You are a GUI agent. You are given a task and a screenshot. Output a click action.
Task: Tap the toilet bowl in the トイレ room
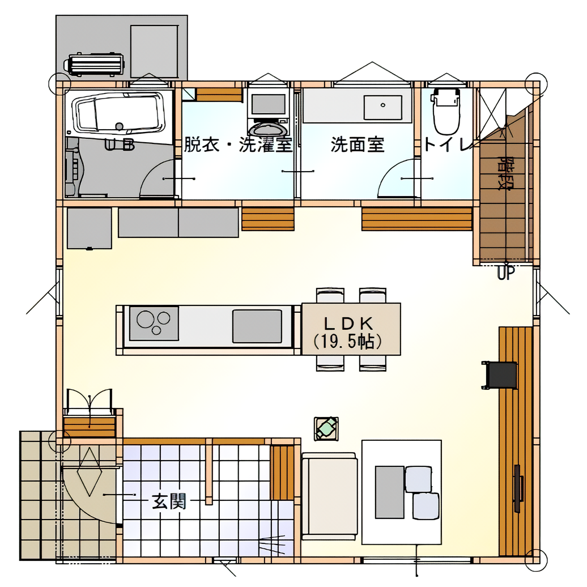coord(445,112)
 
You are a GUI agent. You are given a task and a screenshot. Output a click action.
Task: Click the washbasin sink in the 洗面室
coord(382,108)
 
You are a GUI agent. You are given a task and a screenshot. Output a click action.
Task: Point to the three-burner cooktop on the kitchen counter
coord(154,324)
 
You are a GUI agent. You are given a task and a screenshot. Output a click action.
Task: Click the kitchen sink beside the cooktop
coord(257,326)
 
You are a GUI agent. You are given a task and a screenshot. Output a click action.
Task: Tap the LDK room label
coord(348,323)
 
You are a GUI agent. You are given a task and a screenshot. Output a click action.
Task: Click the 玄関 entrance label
coord(169,501)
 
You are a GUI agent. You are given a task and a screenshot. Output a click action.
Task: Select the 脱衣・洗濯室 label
coord(238,144)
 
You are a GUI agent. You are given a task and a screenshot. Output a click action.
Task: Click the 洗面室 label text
coord(358,144)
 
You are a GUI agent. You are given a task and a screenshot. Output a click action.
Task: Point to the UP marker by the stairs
coord(506,273)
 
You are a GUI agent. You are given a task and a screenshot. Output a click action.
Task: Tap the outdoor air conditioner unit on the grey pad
coord(94,65)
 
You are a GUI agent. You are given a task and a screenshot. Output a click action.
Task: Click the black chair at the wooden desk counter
coord(500,376)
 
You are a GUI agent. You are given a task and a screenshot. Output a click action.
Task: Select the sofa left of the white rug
coord(329,496)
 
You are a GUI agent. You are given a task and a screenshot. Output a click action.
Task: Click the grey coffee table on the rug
coord(389,492)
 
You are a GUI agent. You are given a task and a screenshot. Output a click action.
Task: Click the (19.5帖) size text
coord(348,342)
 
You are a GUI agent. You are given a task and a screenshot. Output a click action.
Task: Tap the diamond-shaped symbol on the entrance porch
coord(90,471)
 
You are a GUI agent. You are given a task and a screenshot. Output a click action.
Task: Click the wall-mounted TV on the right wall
coord(518,488)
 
